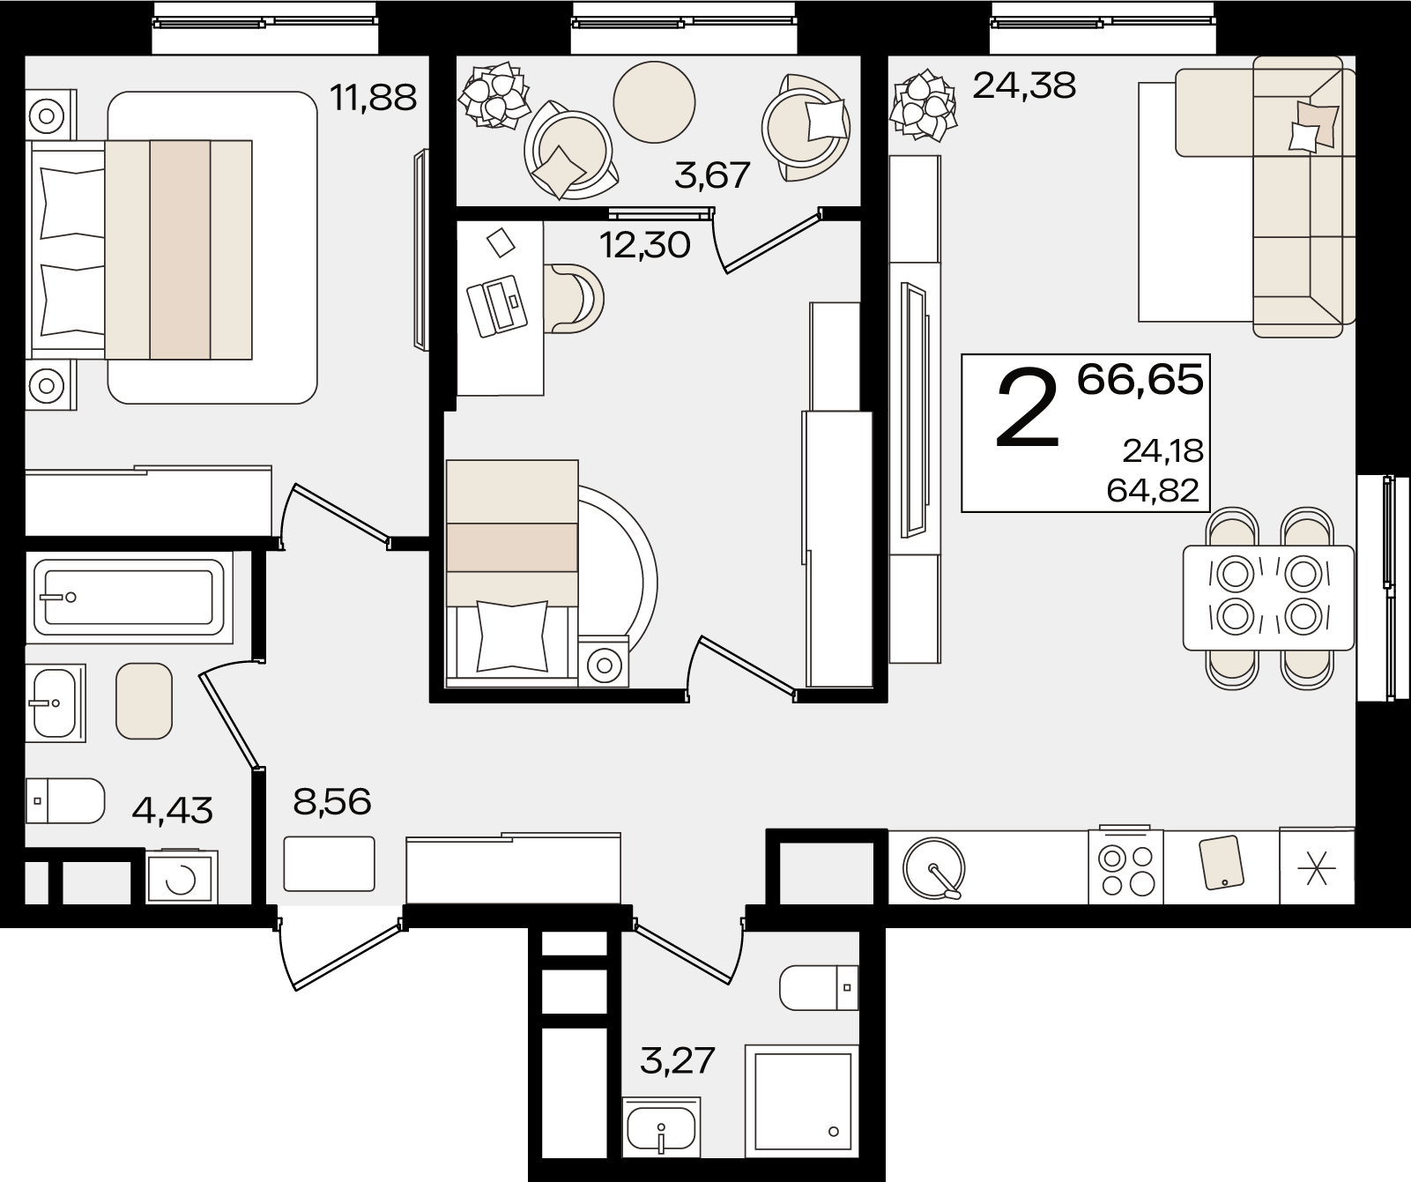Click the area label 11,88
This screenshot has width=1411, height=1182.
tap(373, 97)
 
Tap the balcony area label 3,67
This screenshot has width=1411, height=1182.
tap(712, 175)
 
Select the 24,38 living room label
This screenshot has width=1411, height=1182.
tap(1024, 85)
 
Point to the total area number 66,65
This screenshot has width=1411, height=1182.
tap(1140, 380)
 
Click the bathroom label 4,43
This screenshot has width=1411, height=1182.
tap(172, 809)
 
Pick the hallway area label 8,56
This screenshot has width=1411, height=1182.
tap(331, 801)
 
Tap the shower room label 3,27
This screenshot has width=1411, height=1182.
tap(677, 1059)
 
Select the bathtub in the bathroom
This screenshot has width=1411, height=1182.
tap(129, 598)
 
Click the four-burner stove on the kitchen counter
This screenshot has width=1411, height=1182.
tap(1126, 867)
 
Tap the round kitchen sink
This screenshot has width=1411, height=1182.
tap(934, 867)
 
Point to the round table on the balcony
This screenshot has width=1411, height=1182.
tap(654, 101)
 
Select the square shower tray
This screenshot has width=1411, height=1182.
tap(802, 1098)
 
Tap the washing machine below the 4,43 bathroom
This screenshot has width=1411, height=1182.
tap(182, 877)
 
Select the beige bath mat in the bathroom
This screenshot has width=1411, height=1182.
tap(144, 701)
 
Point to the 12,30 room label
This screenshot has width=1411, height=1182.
tap(645, 245)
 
